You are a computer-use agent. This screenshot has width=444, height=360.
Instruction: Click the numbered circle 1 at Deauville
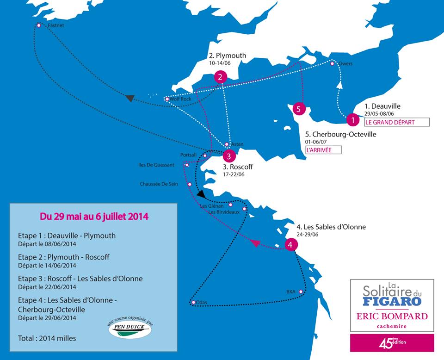[353, 120]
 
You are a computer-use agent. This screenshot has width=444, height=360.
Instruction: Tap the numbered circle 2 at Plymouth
[221, 77]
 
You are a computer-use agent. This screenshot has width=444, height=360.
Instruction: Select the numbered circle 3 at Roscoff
[229, 155]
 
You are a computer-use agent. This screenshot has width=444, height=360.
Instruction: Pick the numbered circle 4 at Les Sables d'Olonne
[290, 244]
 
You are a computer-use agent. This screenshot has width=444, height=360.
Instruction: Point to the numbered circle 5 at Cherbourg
[299, 109]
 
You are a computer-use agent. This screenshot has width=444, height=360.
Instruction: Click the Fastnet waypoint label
[55, 26]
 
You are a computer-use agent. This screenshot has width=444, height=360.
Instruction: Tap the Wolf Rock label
[180, 99]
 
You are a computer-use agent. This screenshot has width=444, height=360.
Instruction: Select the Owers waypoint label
[345, 63]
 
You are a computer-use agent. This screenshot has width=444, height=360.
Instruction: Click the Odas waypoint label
[202, 303]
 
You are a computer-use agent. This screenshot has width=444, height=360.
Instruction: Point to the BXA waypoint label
[290, 292]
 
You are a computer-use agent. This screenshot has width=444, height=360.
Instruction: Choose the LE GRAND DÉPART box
[396, 123]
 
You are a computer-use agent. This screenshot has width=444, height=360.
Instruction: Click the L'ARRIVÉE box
[323, 150]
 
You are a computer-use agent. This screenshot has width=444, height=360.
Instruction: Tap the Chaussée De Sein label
[159, 184]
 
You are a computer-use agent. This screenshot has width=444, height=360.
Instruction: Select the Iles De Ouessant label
[156, 165]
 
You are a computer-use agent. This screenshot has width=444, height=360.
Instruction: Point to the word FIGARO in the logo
[392, 301]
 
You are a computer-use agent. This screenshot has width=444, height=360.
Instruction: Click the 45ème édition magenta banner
[392, 343]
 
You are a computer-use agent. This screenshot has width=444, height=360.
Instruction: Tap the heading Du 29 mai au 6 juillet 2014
[94, 216]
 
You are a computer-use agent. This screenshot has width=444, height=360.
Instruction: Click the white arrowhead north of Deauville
[341, 85]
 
